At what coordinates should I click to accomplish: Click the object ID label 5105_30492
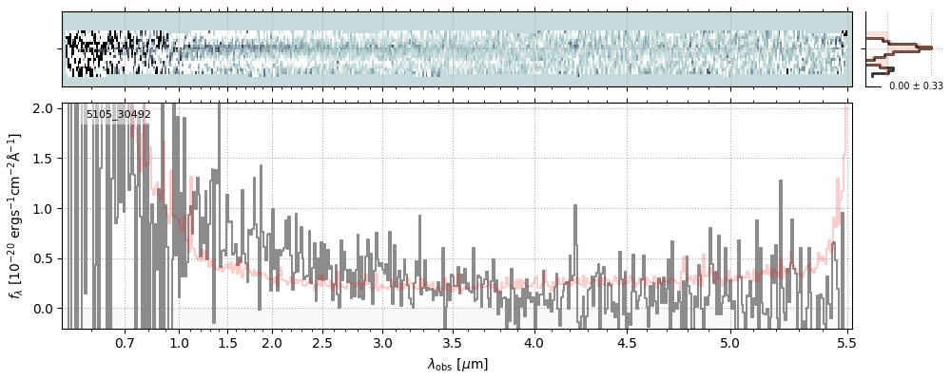(x=118, y=115)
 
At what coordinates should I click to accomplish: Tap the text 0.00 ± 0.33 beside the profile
(x=915, y=86)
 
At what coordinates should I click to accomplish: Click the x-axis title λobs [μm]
(x=457, y=364)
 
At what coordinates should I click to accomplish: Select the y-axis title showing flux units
(x=15, y=217)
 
